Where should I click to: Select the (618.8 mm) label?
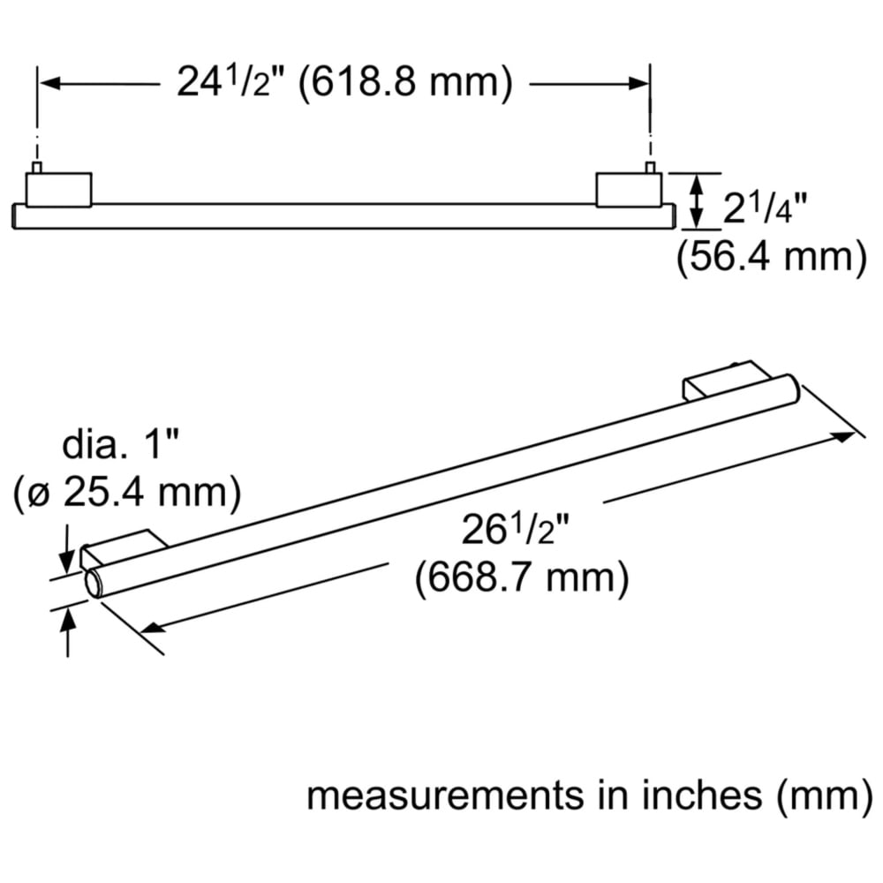[405, 83]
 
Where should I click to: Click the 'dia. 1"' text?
[120, 444]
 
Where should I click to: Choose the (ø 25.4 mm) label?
[127, 493]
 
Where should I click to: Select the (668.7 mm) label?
[522, 578]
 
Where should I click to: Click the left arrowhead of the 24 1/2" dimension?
[49, 84]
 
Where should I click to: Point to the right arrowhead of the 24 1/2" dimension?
[638, 84]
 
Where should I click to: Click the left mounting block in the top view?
[58, 190]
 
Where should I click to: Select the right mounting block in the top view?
[629, 190]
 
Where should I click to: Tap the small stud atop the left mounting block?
[37, 167]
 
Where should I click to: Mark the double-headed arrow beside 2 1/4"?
[697, 201]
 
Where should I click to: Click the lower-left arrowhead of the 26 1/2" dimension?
[152, 627]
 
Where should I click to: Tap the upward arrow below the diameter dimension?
[68, 632]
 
